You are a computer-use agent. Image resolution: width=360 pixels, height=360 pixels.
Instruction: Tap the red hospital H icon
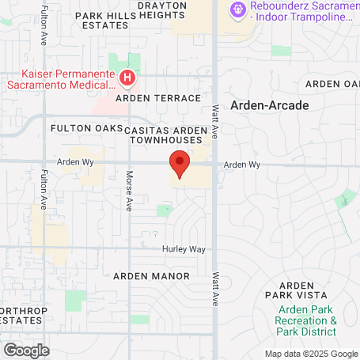pos(127,78)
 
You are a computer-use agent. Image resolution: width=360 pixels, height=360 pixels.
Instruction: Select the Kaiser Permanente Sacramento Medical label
pos(60,78)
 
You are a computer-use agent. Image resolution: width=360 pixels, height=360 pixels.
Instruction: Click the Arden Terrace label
pos(158,97)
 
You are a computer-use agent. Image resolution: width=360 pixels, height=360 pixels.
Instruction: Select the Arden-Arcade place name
pos(270,104)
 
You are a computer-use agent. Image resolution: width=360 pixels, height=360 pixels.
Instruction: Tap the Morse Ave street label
pos(129,191)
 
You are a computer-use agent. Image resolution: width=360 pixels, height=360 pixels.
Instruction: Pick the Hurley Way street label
pos(184,248)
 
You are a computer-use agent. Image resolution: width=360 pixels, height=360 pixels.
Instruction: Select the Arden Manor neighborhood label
pos(151,276)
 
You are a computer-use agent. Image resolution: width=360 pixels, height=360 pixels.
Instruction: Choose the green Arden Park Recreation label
pos(306,326)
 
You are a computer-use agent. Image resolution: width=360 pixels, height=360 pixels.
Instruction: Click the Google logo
pos(26,349)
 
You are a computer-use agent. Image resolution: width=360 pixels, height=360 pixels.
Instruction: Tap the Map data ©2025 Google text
pos(310,354)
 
